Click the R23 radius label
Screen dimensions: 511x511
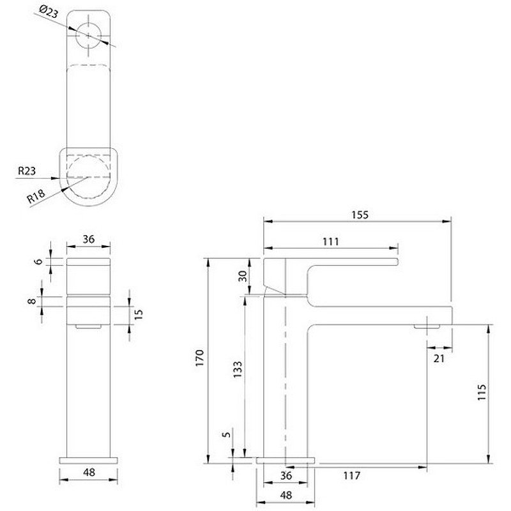click(26, 171)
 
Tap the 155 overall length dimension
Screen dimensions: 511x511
click(360, 215)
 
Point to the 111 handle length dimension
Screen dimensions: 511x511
click(330, 241)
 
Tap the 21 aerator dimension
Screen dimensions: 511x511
click(439, 358)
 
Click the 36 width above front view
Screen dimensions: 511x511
click(89, 239)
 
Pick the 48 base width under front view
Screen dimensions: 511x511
click(89, 473)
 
